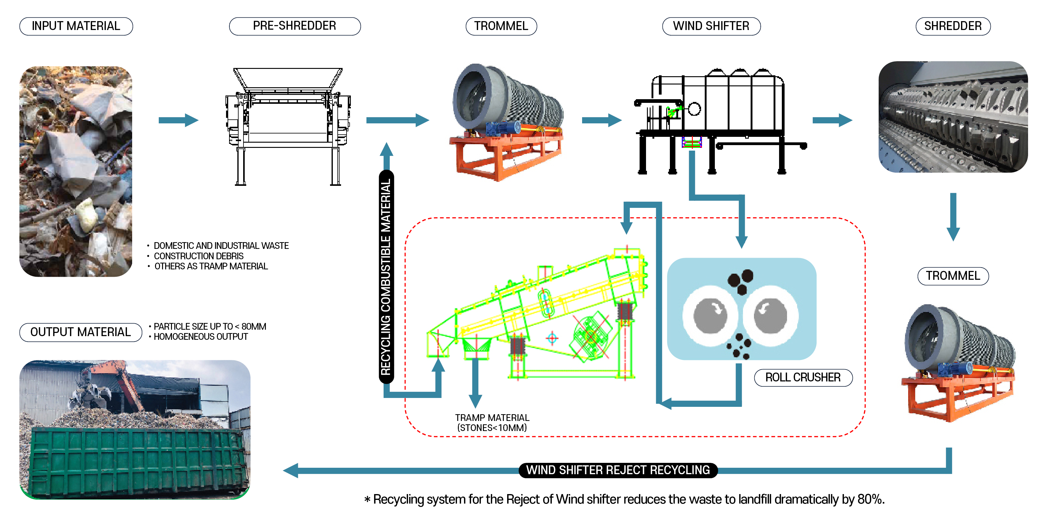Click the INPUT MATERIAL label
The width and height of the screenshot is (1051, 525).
pyautogui.click(x=76, y=26)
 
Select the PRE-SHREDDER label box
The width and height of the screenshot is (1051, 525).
pyautogui.click(x=295, y=26)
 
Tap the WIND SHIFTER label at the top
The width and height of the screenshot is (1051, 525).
pyautogui.click(x=711, y=26)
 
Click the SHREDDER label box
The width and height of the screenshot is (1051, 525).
pyautogui.click(x=953, y=26)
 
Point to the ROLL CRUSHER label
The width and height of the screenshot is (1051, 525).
pyautogui.click(x=803, y=377)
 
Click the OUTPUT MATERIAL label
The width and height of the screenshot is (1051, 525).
pyautogui.click(x=80, y=332)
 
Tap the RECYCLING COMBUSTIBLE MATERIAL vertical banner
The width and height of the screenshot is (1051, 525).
pyautogui.click(x=386, y=277)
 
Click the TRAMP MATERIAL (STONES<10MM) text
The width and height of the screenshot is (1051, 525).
pyautogui.click(x=492, y=422)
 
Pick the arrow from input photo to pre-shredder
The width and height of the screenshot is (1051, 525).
pyautogui.click(x=178, y=120)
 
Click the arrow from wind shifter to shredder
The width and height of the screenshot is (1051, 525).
pyautogui.click(x=832, y=120)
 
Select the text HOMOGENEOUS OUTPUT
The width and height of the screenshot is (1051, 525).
pyautogui.click(x=200, y=337)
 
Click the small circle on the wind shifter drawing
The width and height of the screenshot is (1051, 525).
pyautogui.click(x=694, y=109)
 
